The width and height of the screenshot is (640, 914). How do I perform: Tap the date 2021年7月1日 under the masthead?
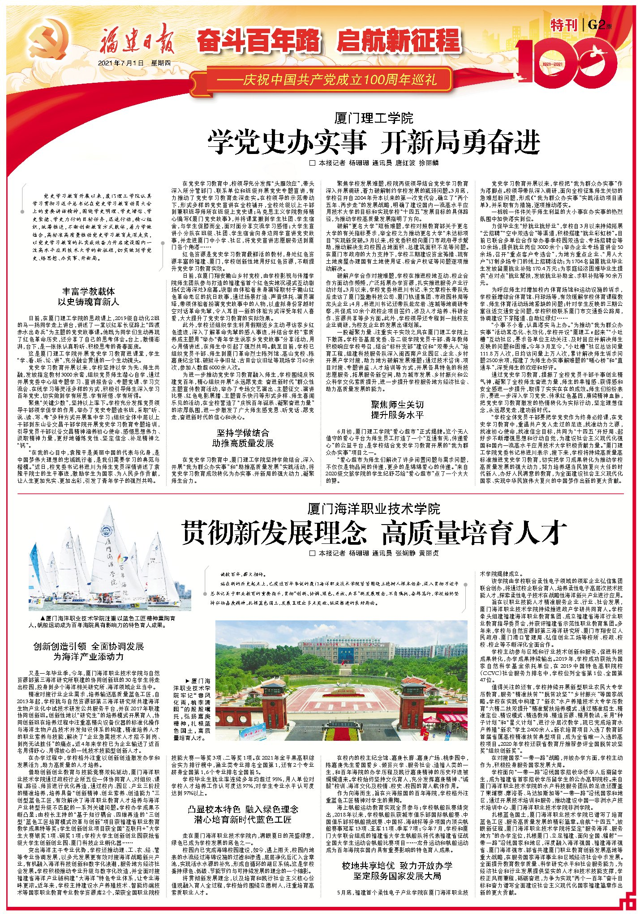pos(121,63)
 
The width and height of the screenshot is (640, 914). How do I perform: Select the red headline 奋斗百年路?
pos(259,41)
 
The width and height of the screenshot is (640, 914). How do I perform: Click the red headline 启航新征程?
pos(399,41)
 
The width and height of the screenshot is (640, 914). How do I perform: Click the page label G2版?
pos(600,25)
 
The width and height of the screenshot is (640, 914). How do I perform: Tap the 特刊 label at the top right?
pos(563,25)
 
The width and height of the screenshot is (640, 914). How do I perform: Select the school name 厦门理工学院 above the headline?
pos(374,119)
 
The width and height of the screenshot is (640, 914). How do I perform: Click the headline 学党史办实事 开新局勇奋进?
pos(374,142)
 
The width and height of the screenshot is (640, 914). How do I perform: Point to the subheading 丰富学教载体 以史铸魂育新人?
pos(88,296)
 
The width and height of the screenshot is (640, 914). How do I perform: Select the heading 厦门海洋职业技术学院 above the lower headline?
pos(374,509)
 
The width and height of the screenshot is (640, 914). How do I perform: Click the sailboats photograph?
pos(109,560)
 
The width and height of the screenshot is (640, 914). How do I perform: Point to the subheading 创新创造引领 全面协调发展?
pos(88,651)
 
